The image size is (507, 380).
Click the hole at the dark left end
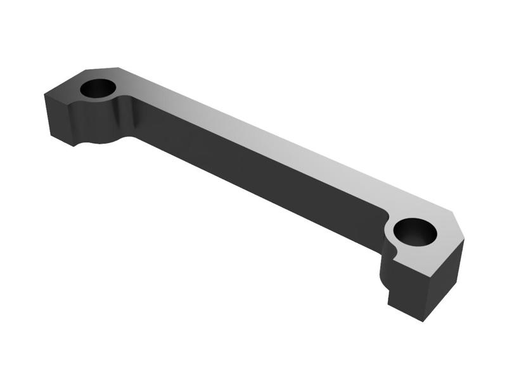[x=98, y=89]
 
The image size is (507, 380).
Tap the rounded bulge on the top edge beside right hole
[x=388, y=218]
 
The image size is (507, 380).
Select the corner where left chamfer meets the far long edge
[x=119, y=66]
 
